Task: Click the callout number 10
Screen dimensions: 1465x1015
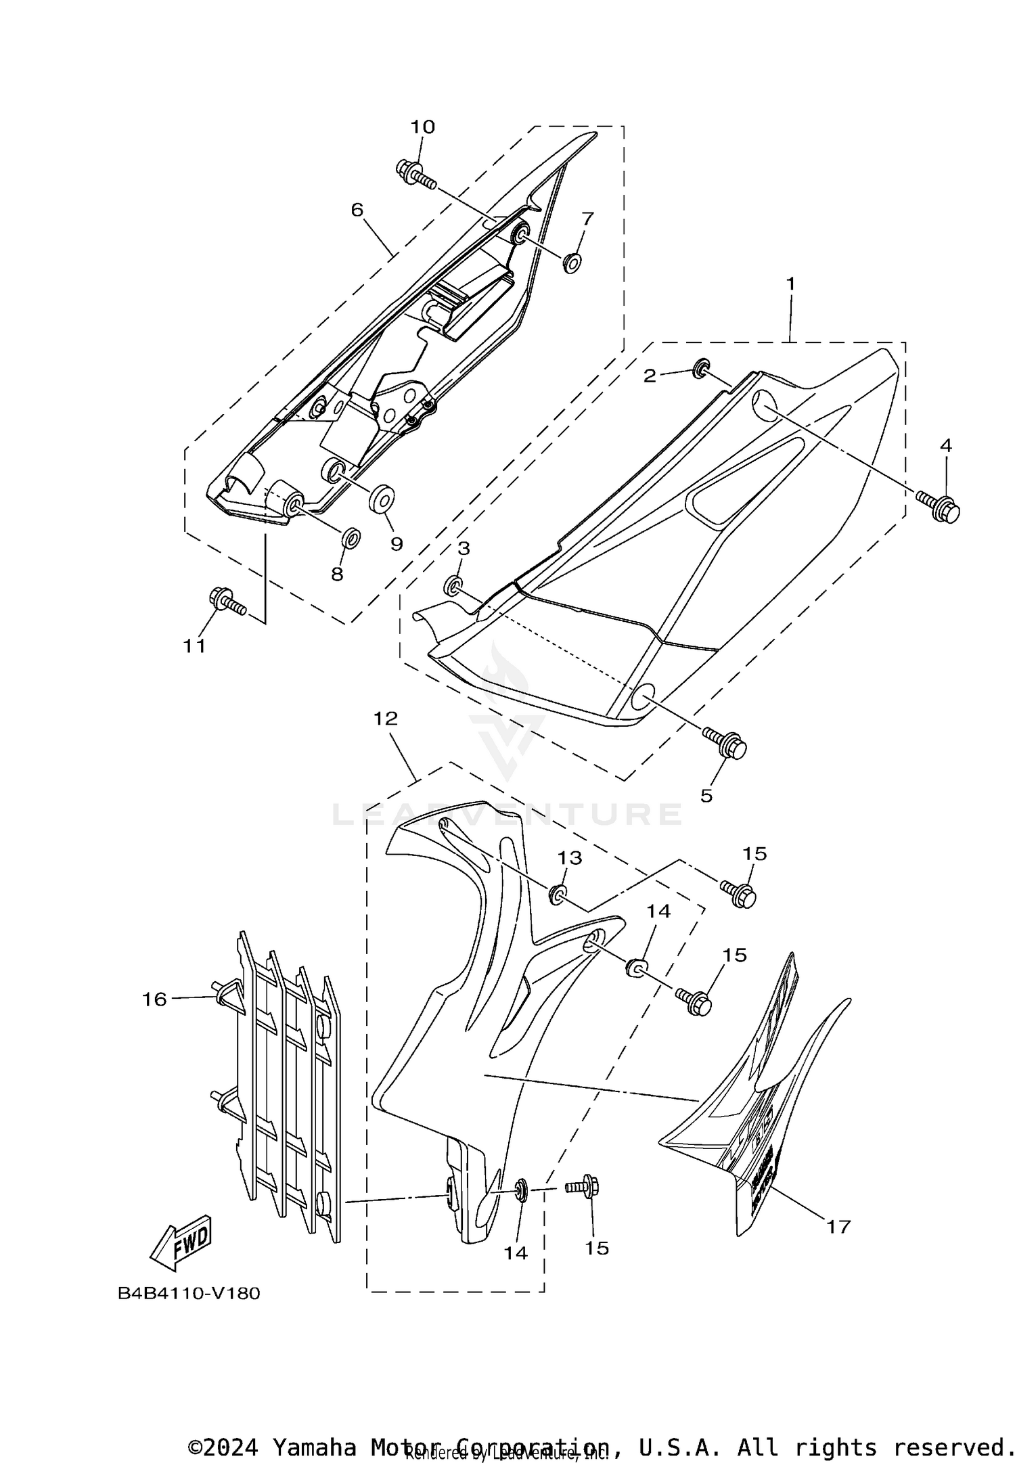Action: click(x=423, y=127)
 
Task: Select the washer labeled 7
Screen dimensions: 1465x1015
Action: click(x=572, y=262)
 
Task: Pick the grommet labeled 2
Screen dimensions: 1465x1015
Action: click(x=701, y=368)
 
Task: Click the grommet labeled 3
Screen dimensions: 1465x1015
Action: click(x=453, y=586)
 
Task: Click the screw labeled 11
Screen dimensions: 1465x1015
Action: click(x=226, y=600)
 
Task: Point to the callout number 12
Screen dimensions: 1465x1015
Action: click(x=386, y=719)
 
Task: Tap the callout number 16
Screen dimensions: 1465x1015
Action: click(x=154, y=999)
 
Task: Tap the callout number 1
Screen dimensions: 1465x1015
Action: click(x=790, y=284)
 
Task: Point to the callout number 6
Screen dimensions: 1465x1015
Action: click(x=357, y=210)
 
